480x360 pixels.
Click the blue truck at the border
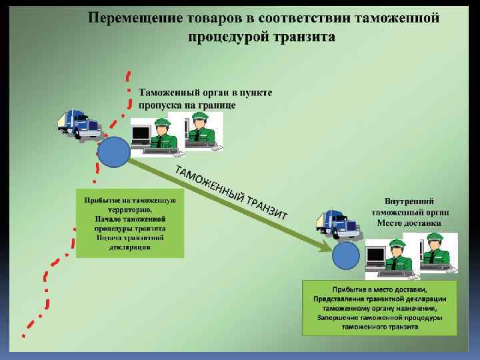point(79,124)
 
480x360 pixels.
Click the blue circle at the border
point(114,151)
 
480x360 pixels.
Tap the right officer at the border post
point(199,128)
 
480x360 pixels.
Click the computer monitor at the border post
point(141,135)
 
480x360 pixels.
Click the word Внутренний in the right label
point(409,200)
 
